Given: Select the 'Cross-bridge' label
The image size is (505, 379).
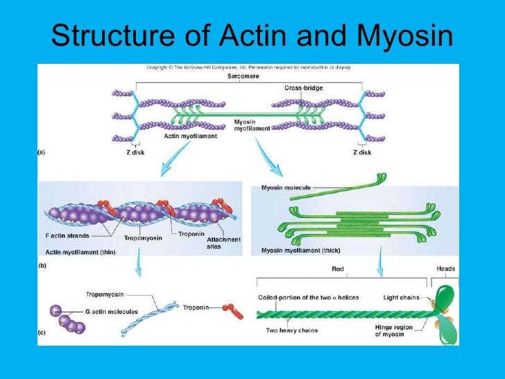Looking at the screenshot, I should coord(303,88).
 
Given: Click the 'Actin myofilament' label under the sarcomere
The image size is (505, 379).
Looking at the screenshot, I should coord(190,137).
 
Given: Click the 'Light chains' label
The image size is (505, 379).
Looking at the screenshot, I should coord(401,297).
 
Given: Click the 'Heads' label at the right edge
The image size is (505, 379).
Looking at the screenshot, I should coord(445,269).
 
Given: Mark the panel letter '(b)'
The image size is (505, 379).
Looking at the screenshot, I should coord(41,265).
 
